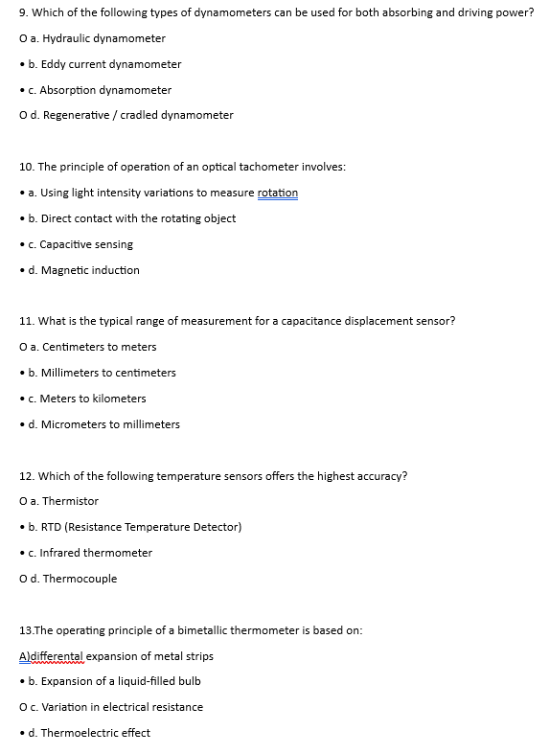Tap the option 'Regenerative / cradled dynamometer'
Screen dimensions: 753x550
[136, 115]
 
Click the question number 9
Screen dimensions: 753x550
[24, 12]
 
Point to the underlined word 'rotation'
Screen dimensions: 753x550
[277, 193]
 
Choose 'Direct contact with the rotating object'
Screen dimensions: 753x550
[137, 218]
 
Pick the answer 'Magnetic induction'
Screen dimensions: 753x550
[89, 270]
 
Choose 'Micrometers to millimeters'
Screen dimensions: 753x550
[109, 424]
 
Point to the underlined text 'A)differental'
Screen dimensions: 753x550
[53, 656]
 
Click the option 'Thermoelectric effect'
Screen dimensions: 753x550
[94, 733]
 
